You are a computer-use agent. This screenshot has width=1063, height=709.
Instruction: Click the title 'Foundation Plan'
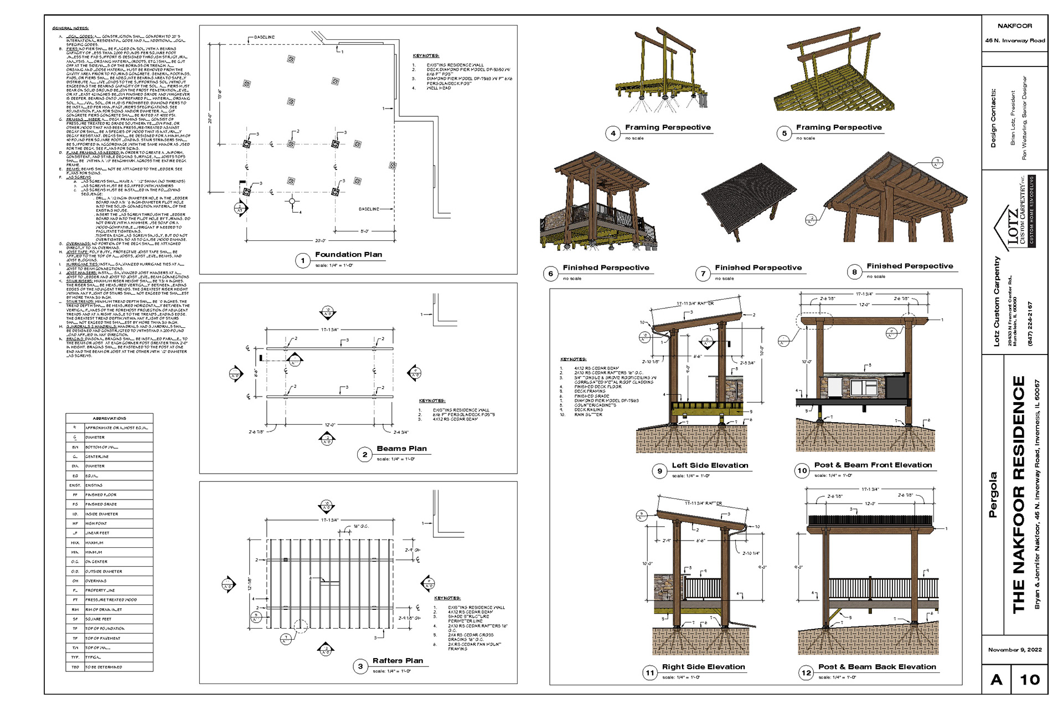(348, 255)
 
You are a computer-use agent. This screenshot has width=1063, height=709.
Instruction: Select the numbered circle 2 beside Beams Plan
(364, 455)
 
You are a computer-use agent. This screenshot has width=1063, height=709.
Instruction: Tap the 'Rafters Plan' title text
(398, 661)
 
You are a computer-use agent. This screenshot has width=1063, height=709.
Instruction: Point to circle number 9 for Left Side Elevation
(659, 471)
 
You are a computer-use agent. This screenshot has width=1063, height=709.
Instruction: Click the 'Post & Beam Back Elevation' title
(877, 667)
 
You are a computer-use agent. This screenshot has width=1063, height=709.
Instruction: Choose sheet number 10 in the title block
(1030, 680)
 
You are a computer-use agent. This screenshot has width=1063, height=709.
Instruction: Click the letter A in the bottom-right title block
(997, 680)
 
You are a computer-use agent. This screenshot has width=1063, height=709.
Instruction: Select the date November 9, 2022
(1015, 650)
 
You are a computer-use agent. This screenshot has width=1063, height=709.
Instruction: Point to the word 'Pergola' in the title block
(993, 495)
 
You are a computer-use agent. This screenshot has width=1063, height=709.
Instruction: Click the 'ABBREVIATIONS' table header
(109, 418)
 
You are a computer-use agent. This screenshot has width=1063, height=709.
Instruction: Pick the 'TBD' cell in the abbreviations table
(75, 667)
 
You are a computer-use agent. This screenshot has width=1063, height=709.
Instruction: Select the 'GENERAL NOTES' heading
(70, 28)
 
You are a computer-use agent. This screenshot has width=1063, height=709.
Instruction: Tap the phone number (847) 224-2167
(1030, 323)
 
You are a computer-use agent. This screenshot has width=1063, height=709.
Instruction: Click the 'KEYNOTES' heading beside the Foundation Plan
(426, 56)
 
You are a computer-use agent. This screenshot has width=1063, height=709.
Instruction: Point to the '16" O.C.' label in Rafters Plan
(361, 526)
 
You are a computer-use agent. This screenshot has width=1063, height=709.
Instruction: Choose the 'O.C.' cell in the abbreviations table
(75, 562)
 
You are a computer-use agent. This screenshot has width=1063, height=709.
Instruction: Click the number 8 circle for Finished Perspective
(854, 272)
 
